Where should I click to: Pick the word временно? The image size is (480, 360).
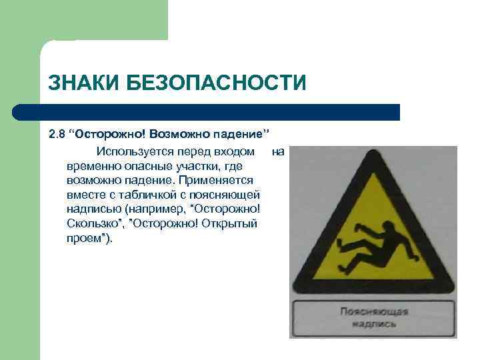click(x=93, y=166)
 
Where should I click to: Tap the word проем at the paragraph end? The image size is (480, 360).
click(x=87, y=238)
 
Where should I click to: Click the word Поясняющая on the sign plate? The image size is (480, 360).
click(x=374, y=311)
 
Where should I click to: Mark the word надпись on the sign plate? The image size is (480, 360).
click(x=375, y=324)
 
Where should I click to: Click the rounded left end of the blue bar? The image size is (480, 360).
click(x=19, y=112)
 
